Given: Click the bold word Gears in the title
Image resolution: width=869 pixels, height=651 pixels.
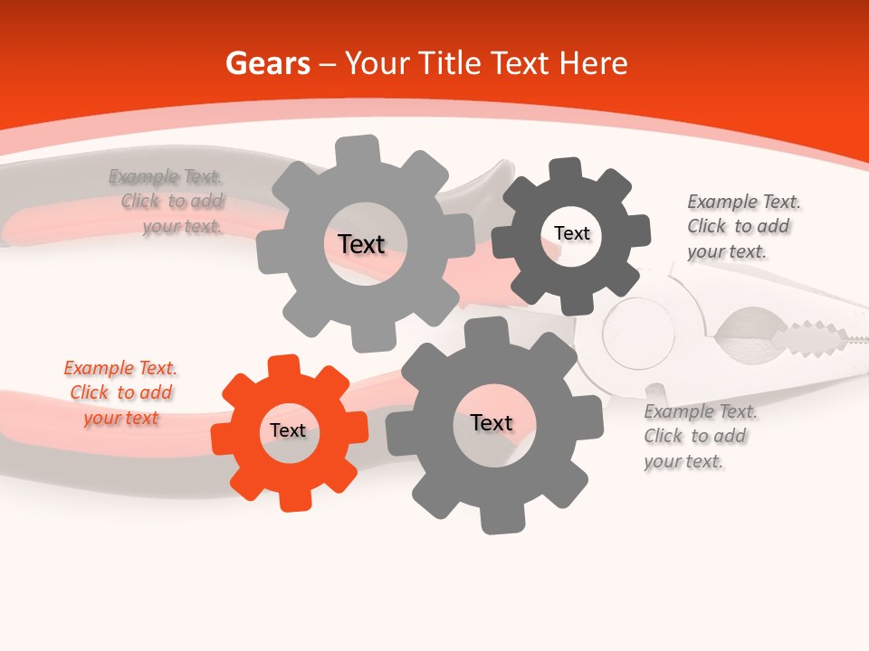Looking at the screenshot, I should [268, 63].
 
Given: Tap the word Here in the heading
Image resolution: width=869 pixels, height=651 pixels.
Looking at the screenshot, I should [593, 63].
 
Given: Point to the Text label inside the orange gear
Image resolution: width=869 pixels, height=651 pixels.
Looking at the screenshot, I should [288, 430].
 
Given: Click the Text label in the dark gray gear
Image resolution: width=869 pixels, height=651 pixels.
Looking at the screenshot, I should [572, 233].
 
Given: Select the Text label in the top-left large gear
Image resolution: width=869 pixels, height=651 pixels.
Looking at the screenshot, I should [361, 244].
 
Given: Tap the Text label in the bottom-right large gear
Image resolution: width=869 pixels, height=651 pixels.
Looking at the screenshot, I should [492, 423].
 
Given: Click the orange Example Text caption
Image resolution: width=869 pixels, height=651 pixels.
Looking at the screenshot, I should [120, 393].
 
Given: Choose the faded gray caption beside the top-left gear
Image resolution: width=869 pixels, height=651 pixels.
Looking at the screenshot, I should [168, 201].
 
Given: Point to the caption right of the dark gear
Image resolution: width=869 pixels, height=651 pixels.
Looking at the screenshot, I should [742, 226].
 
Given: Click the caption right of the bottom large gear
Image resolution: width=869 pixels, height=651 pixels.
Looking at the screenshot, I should [700, 437].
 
